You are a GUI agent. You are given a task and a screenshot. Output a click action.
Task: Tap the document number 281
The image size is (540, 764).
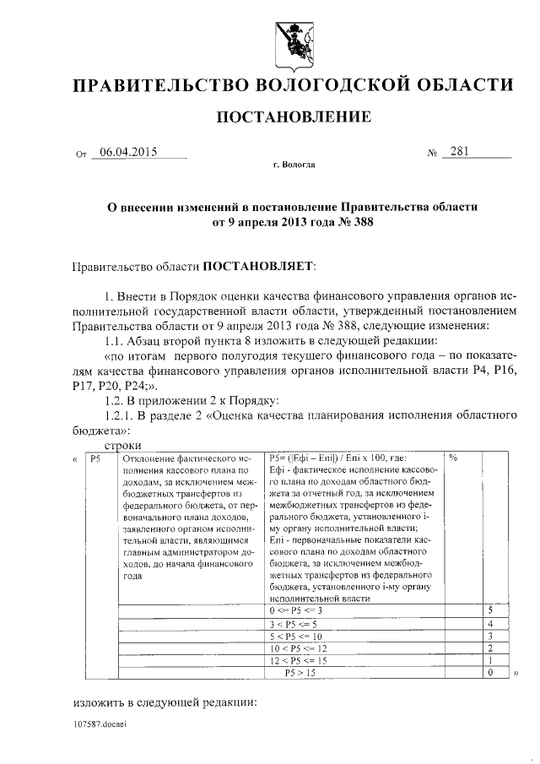coord(460,152)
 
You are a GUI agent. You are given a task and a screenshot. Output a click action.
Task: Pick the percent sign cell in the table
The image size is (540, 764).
coord(453,458)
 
